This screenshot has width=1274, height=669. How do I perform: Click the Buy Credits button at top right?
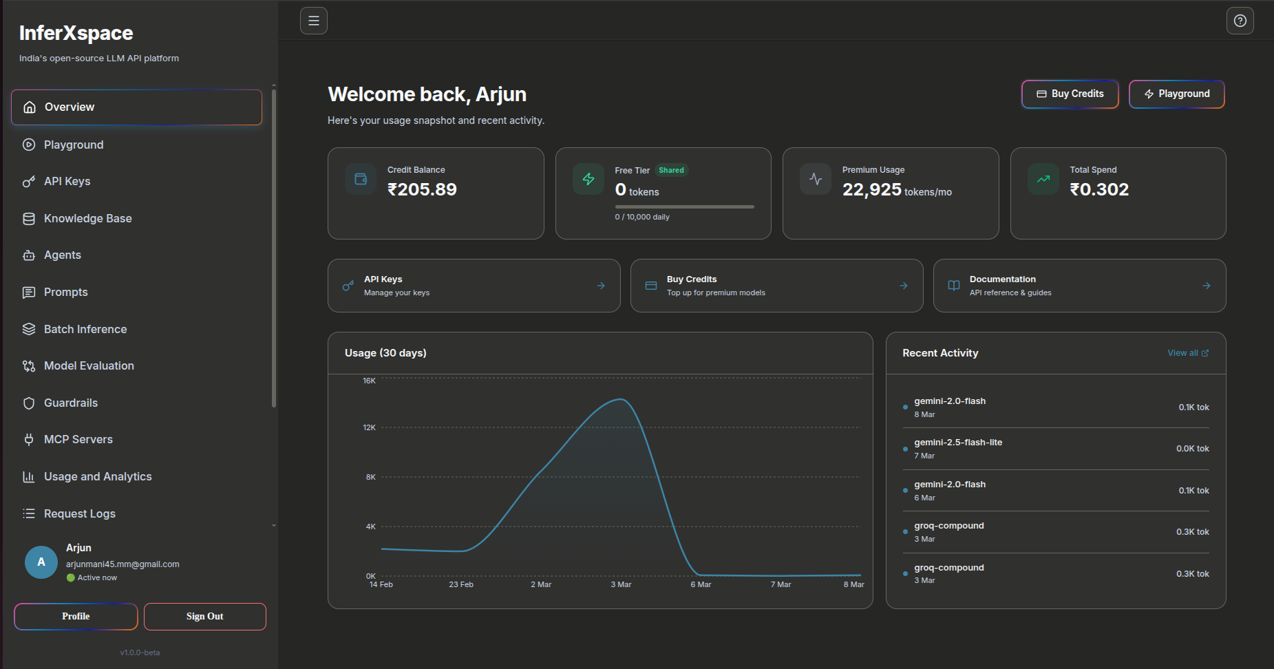[x=1070, y=94]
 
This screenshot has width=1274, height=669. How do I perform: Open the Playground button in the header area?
[x=1176, y=94]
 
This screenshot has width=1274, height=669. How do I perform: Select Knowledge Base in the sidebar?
[x=87, y=218]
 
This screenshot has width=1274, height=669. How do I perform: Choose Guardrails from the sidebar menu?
[x=70, y=403]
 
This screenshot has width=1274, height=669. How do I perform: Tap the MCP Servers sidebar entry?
[x=78, y=439]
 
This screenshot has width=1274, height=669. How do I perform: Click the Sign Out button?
[x=204, y=617]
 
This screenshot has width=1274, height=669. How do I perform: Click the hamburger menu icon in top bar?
[x=313, y=21]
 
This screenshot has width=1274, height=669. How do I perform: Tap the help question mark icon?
[x=1240, y=21]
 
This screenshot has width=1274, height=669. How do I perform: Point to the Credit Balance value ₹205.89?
[x=422, y=189]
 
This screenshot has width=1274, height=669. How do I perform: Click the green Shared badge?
[x=671, y=170]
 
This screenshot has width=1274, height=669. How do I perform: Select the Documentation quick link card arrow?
[x=1206, y=286]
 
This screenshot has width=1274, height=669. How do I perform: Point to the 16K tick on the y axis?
[x=370, y=381]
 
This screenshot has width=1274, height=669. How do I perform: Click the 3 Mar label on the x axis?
[x=621, y=584]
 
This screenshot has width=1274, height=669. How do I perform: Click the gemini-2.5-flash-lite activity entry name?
[x=957, y=443]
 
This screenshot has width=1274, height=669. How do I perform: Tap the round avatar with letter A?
[x=41, y=562]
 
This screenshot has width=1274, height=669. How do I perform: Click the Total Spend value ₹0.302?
[x=1099, y=189]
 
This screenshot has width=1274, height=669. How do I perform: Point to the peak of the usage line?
[x=621, y=399]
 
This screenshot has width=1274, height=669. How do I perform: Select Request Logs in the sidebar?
[x=79, y=513]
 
